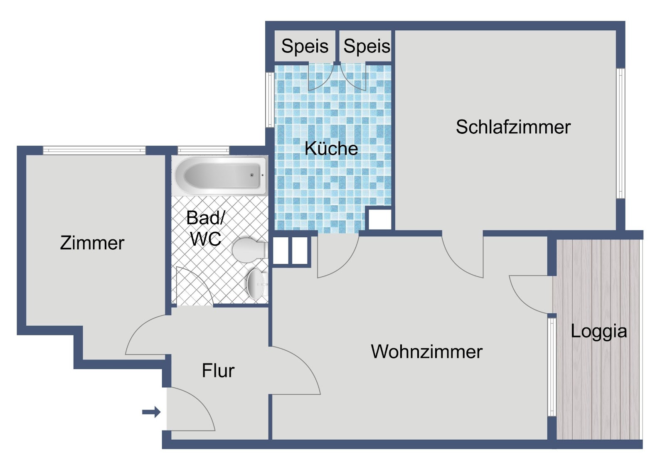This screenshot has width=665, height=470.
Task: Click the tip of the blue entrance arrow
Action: click(160, 412)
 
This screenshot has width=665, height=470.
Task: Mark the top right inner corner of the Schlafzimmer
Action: click(616, 30)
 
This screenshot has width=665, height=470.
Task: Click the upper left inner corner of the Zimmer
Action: click(27, 155)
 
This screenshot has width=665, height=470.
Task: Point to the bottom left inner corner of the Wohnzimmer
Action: click(272, 439)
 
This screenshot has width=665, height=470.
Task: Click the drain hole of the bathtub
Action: click(252, 175)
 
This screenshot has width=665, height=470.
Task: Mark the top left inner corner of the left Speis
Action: click(275, 30)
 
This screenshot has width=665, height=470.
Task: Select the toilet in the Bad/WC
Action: click(249, 249)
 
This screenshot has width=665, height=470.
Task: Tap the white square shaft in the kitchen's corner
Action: click(380, 219)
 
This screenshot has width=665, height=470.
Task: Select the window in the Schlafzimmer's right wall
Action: click(621, 133)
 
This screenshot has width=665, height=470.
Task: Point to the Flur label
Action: click(218, 371)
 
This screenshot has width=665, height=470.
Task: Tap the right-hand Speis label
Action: click(367, 46)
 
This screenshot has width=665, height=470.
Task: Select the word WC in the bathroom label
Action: click(206, 238)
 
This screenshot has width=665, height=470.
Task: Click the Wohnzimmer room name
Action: click(426, 352)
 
